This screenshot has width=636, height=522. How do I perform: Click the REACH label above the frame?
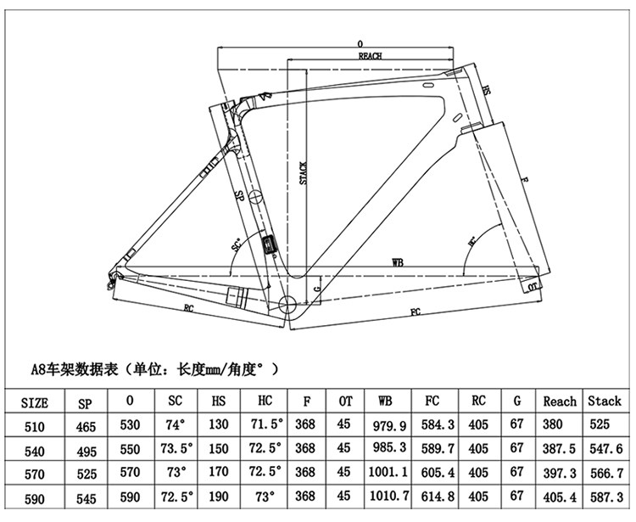click(x=371, y=55)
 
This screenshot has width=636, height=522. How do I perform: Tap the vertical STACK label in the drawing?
click(x=303, y=173)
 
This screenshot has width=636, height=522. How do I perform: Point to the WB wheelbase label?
click(x=396, y=264)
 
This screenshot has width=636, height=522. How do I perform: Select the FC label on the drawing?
click(x=416, y=312)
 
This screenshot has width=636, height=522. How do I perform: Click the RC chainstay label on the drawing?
click(x=188, y=308)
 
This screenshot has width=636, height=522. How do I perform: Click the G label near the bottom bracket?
click(x=317, y=289)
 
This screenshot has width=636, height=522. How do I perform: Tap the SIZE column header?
click(x=34, y=401)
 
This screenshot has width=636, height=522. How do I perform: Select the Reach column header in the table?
click(x=560, y=401)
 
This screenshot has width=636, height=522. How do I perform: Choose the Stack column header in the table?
click(x=605, y=401)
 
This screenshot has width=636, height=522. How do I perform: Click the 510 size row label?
click(x=34, y=424)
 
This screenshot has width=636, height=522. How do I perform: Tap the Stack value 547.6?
click(x=605, y=447)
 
